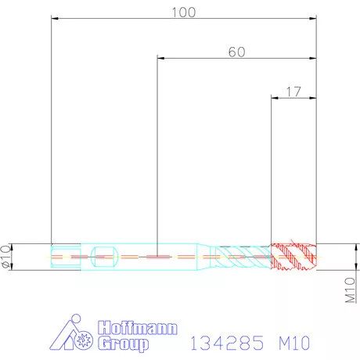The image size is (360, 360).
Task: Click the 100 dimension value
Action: [183, 12]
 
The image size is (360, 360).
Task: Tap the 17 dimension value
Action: [293, 92]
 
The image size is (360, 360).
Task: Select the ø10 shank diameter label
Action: [7, 256]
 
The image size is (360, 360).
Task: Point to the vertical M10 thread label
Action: [351, 290]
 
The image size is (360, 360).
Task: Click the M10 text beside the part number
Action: [293, 342]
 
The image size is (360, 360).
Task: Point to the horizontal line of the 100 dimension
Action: [117, 19]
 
